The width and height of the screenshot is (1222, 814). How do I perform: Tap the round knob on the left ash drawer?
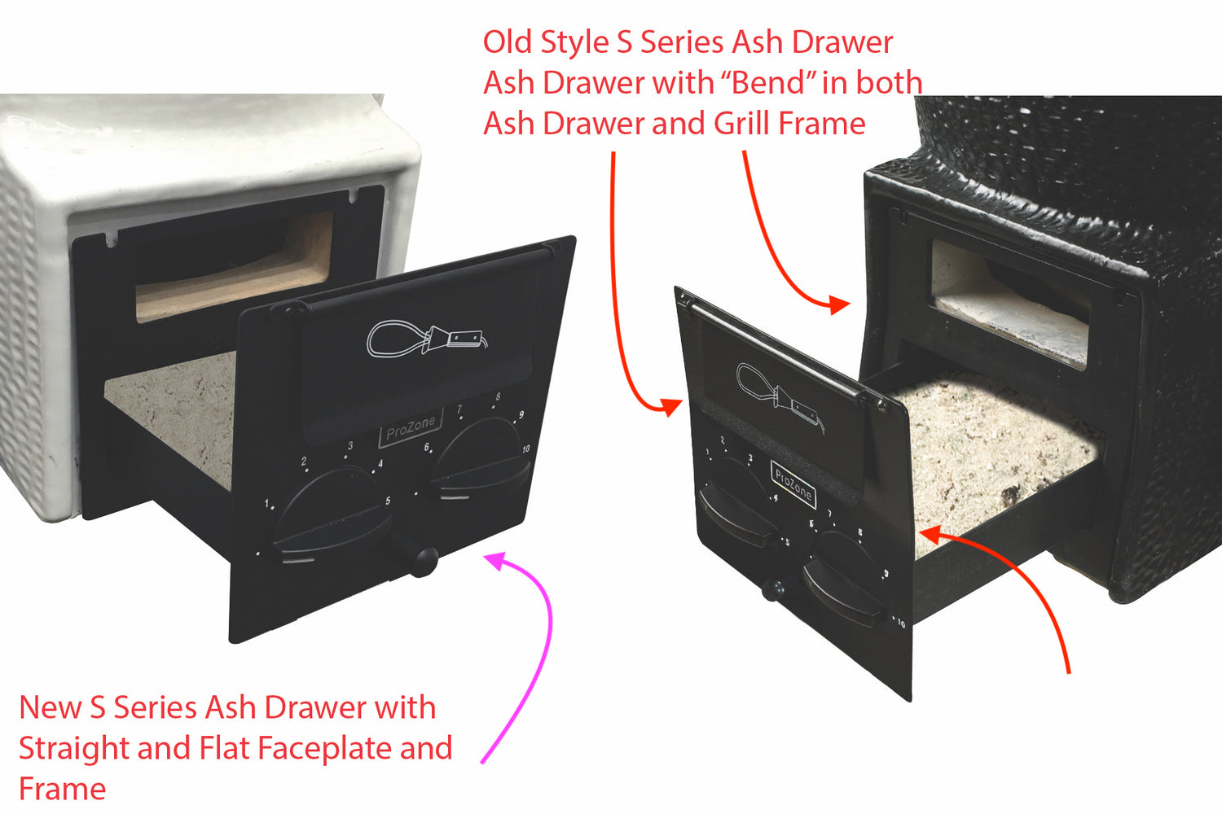pos(424,561)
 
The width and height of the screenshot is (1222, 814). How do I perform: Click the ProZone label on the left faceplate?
pos(411,427)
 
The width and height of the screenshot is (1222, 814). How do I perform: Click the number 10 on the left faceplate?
pos(526,449)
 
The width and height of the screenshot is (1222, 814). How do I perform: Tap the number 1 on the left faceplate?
pos(266,504)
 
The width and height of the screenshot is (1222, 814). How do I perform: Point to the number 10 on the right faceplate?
pos(900,624)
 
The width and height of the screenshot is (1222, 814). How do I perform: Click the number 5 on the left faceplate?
pos(388,501)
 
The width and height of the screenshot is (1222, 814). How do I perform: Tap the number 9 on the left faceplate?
pos(521,414)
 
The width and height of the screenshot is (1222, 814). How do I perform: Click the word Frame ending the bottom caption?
pos(62,790)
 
